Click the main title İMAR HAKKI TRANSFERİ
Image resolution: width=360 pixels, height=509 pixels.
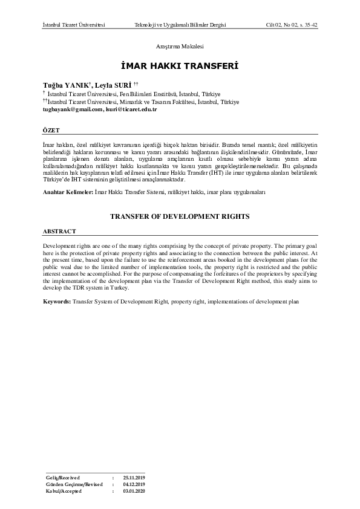click(180, 66)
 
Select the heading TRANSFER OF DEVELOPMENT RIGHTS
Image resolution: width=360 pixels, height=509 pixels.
click(180, 216)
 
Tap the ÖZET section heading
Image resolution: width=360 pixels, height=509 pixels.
click(51, 130)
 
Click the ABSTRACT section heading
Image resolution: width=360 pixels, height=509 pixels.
click(59, 232)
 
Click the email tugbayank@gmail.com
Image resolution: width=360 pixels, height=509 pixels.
click(73, 109)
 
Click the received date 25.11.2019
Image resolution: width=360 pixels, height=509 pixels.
click(134, 478)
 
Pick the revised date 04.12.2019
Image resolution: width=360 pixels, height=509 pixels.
click(134, 484)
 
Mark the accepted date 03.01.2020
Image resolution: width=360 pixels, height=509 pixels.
click(134, 491)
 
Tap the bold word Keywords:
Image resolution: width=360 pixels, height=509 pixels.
click(57, 300)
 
